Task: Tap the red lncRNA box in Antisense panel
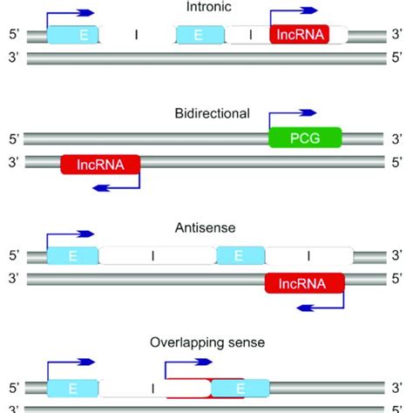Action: [x=304, y=282]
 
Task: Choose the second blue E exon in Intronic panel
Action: [x=200, y=36]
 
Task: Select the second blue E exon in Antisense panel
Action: [x=240, y=255]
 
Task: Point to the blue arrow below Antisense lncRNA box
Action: [x=322, y=305]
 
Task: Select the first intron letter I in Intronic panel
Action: [x=138, y=36]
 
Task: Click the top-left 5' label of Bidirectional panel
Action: [x=13, y=139]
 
